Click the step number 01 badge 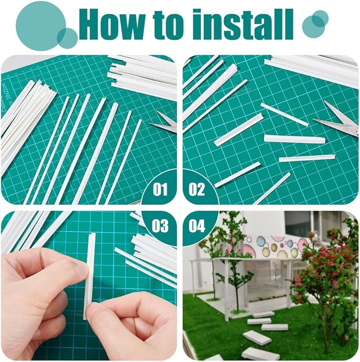click(x=160, y=189)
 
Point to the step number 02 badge click(x=197, y=189)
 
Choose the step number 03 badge click(x=160, y=226)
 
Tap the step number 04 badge click(x=197, y=226)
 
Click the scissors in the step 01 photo click(x=164, y=123)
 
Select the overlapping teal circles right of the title click(x=315, y=24)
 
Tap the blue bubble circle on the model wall click(x=262, y=242)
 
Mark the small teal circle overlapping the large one click(x=67, y=38)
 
